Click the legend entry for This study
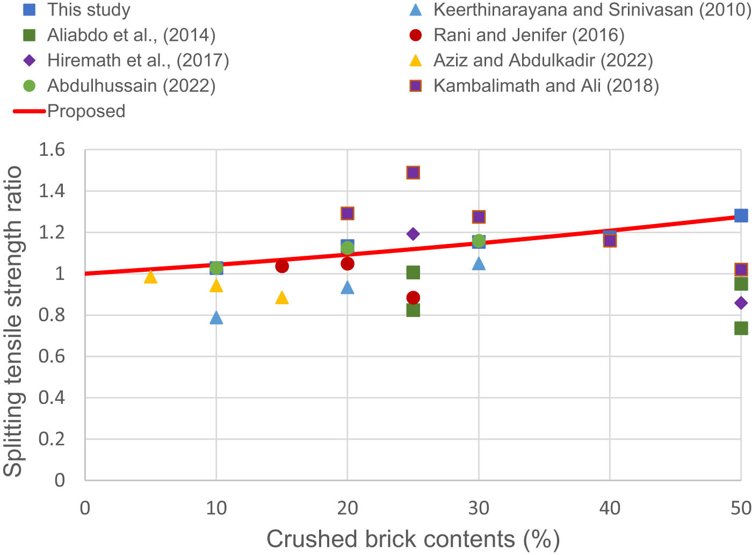click(x=89, y=10)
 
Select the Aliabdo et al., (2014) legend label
click(x=131, y=35)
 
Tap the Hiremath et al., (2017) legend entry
click(x=138, y=60)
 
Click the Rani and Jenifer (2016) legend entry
click(x=529, y=35)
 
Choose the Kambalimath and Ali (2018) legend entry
click(x=546, y=85)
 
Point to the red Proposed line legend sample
click(x=30, y=111)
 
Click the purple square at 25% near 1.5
click(x=413, y=172)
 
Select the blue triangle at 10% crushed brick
click(x=216, y=318)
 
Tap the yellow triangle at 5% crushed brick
click(x=151, y=277)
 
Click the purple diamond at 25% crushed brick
click(x=413, y=234)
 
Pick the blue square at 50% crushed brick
click(x=741, y=215)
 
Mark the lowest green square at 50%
click(x=741, y=328)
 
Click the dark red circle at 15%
click(x=282, y=266)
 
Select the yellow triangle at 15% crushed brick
click(x=282, y=298)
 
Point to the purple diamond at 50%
click(x=741, y=303)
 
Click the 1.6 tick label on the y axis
click(x=52, y=150)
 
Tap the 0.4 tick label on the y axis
click(x=52, y=398)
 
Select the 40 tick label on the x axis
click(x=610, y=508)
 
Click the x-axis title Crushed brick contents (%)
click(x=413, y=539)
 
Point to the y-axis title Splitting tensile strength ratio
click(x=13, y=321)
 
